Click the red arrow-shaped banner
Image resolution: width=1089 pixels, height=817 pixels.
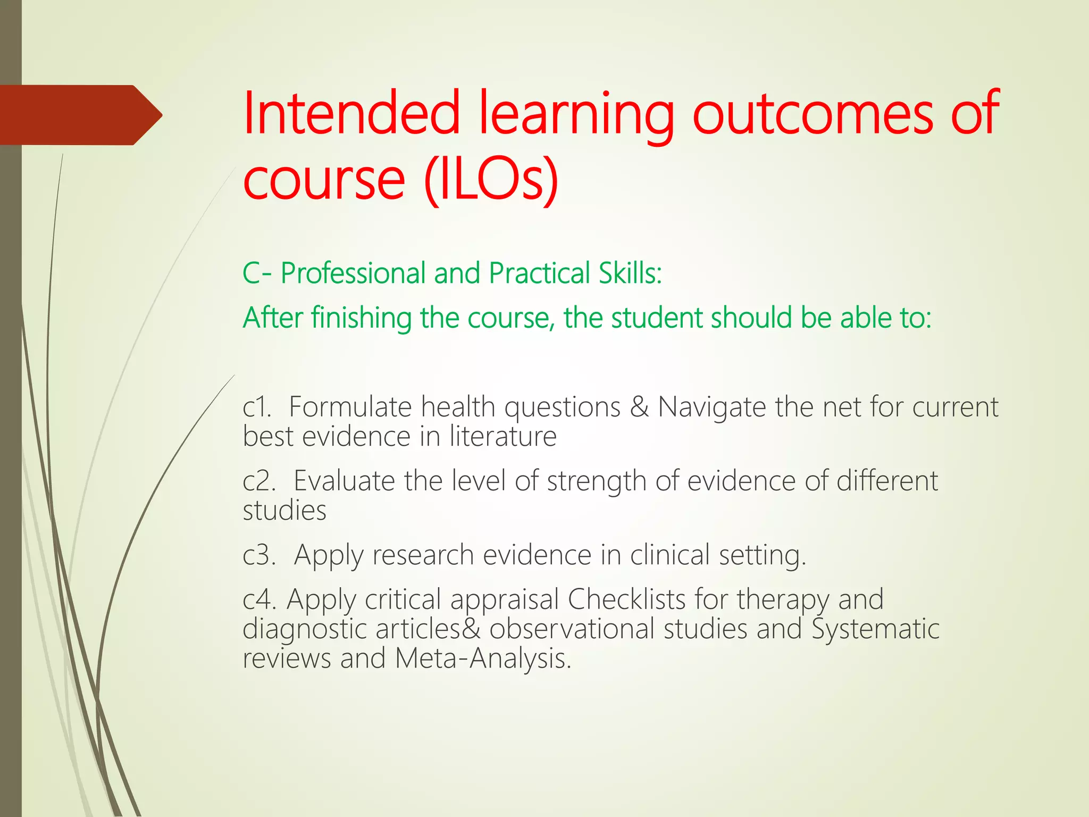click(80, 115)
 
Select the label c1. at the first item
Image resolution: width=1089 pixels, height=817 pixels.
click(257, 407)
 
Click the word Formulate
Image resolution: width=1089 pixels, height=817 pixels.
click(350, 407)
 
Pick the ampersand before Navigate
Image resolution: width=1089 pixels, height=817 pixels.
click(639, 407)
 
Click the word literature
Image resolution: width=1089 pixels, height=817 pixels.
click(503, 437)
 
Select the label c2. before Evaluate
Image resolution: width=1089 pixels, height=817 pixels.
click(259, 481)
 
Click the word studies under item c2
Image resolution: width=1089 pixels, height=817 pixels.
click(284, 511)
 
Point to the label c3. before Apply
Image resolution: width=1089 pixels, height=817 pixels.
click(259, 555)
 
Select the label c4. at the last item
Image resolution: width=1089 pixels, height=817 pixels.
click(259, 599)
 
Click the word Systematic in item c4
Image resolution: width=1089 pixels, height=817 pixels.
click(875, 629)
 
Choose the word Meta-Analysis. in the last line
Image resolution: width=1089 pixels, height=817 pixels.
click(483, 658)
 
